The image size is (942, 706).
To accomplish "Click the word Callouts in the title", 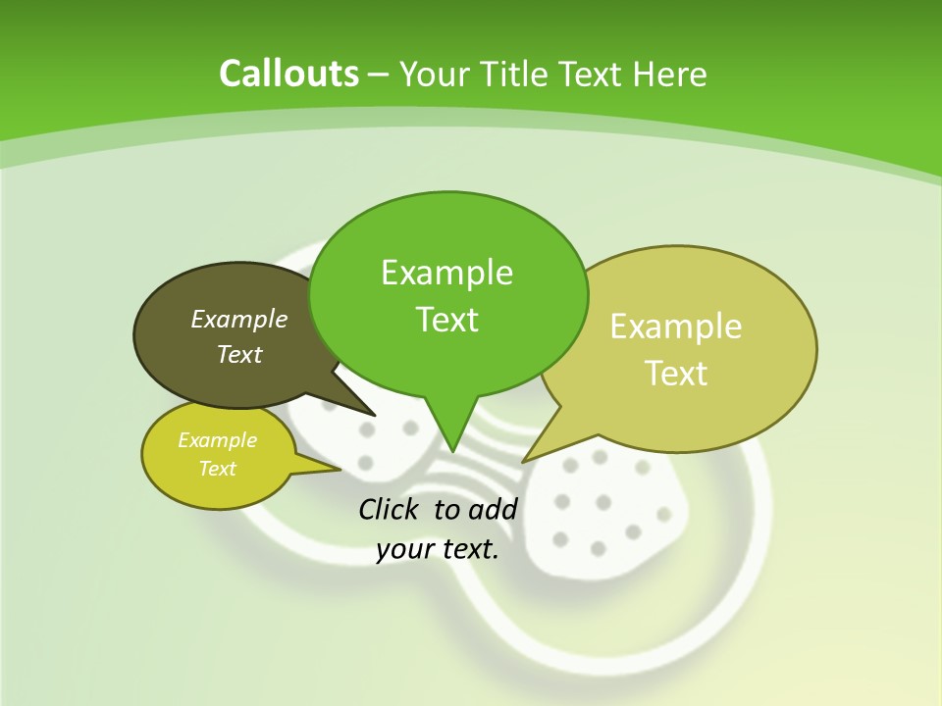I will pos(288,74).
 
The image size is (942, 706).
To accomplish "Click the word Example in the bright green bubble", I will pos(446,273).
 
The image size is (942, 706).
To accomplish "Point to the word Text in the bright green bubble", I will pos(446,320).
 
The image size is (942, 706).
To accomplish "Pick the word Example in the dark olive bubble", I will pos(238,319).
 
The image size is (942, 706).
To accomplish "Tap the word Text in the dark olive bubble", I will pos(238,354).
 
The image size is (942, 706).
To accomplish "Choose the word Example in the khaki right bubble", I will pos(676,327).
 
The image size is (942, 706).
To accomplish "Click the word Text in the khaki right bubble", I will pos(676,374).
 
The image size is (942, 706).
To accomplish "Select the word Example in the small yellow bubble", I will pos(217,440).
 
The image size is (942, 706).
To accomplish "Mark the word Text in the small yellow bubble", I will pos(217,469).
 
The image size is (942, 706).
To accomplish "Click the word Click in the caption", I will pos(390,509).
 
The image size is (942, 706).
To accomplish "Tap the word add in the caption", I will pos(493,509).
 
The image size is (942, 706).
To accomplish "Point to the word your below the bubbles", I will pos(403,549).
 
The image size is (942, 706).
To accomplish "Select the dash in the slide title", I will pos(379,75).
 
